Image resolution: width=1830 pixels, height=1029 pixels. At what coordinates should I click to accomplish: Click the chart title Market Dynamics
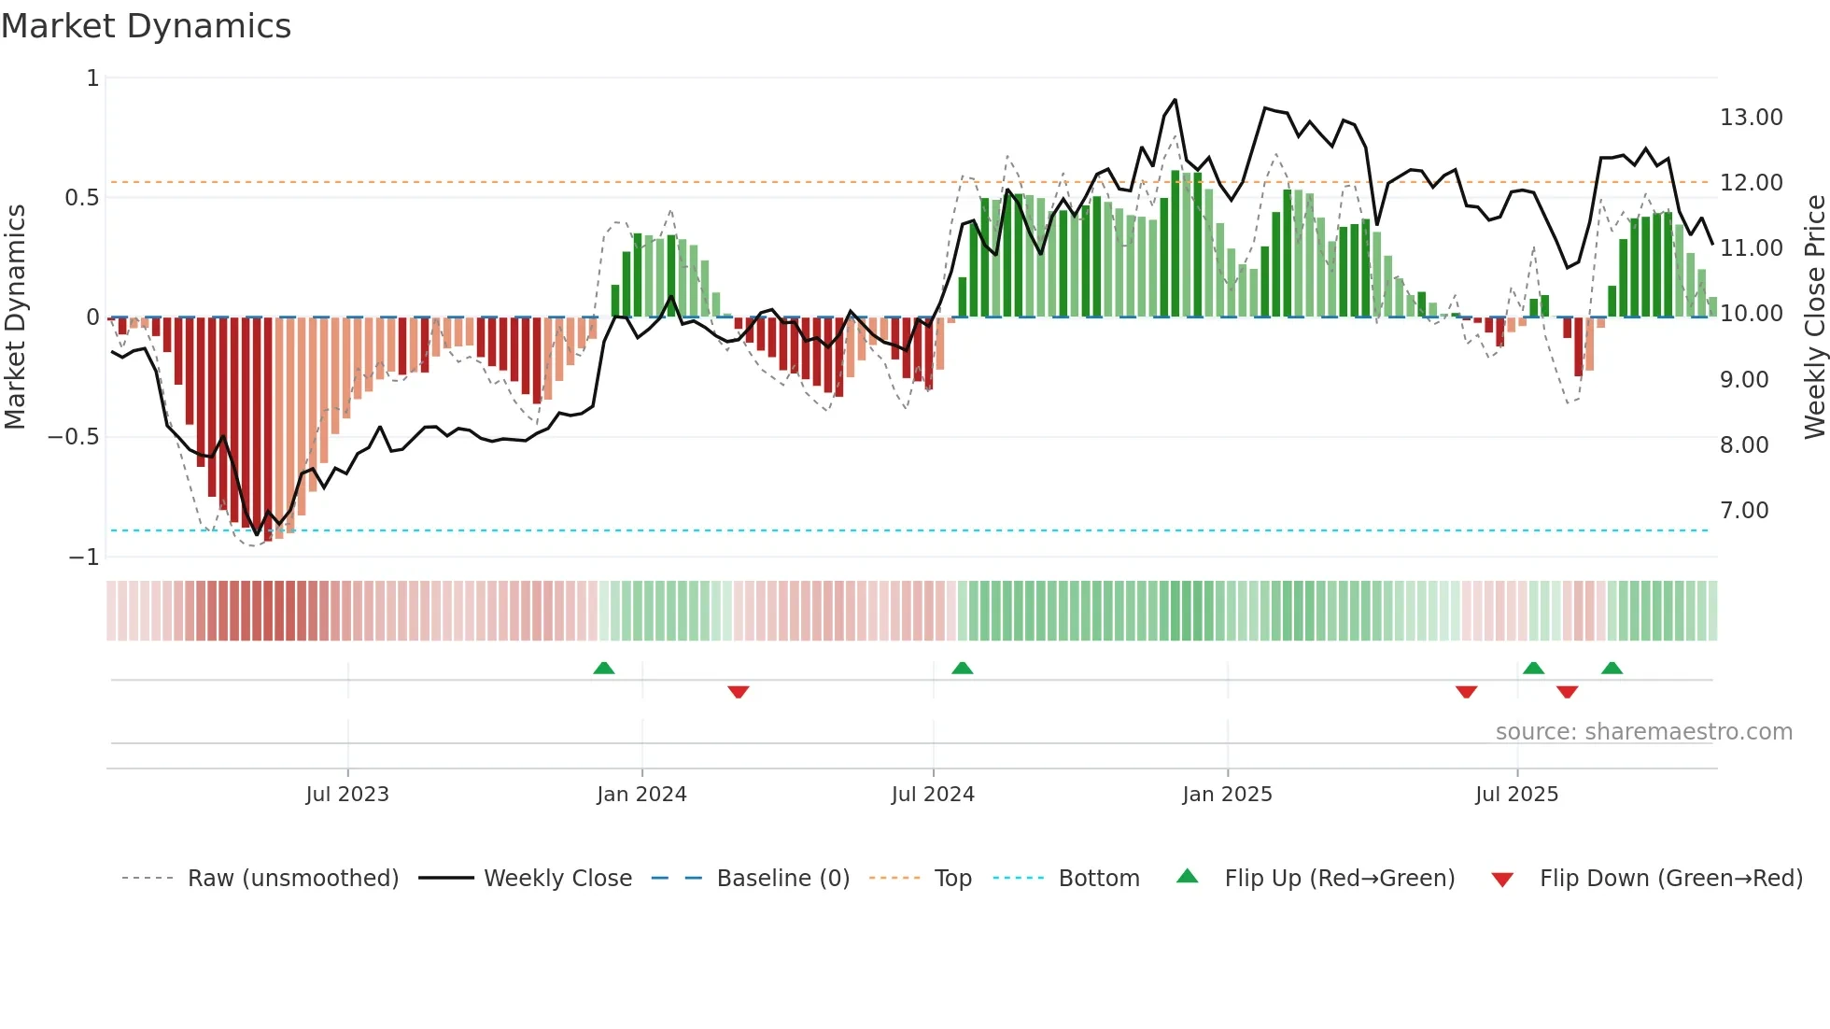click(x=147, y=26)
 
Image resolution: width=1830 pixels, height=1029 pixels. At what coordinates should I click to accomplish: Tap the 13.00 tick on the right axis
click(x=1751, y=118)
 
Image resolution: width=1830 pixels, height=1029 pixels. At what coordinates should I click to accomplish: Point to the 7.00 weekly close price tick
click(x=1744, y=511)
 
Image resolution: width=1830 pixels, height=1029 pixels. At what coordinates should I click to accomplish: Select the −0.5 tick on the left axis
click(x=73, y=437)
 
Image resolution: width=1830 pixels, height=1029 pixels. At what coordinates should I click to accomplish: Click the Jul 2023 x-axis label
click(x=347, y=795)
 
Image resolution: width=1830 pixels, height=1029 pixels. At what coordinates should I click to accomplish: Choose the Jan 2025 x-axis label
click(x=1227, y=795)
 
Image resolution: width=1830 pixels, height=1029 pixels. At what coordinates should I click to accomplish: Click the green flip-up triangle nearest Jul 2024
click(x=962, y=669)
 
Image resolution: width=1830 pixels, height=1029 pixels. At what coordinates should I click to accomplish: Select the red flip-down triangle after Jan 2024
click(x=739, y=692)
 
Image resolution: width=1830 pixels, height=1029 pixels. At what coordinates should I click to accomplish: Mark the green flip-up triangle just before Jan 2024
click(x=604, y=669)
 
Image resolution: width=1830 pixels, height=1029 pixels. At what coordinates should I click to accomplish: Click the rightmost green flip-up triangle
click(x=1612, y=669)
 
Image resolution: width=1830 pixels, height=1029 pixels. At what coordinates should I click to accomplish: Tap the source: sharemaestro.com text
click(x=1643, y=732)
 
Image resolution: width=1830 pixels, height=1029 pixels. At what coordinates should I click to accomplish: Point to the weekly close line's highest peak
click(x=1175, y=100)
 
